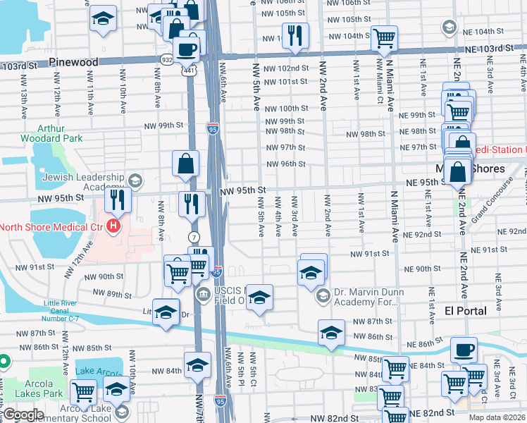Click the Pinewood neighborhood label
pos(74,63)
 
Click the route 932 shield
pos(167,59)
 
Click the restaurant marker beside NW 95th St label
pos(190,204)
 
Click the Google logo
pos(23,415)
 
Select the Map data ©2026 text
pos(497,417)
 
